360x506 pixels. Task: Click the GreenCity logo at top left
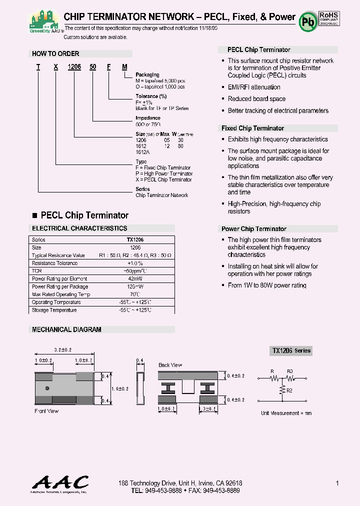click(45, 22)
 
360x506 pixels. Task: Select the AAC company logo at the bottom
click(60, 483)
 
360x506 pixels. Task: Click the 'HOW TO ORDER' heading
click(55, 53)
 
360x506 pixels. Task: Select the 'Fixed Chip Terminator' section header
click(252, 128)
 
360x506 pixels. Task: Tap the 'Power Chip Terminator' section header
click(254, 229)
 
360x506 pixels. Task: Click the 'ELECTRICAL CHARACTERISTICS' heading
click(79, 228)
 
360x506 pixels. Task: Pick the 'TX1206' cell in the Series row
click(135, 240)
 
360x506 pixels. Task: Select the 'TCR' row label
click(36, 271)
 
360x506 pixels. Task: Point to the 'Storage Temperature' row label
click(54, 310)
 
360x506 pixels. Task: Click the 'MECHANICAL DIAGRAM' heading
click(66, 330)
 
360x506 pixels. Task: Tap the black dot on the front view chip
click(47, 388)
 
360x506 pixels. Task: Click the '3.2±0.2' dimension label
click(63, 349)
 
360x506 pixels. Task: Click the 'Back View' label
click(170, 365)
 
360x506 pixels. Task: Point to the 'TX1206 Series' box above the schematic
click(291, 351)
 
